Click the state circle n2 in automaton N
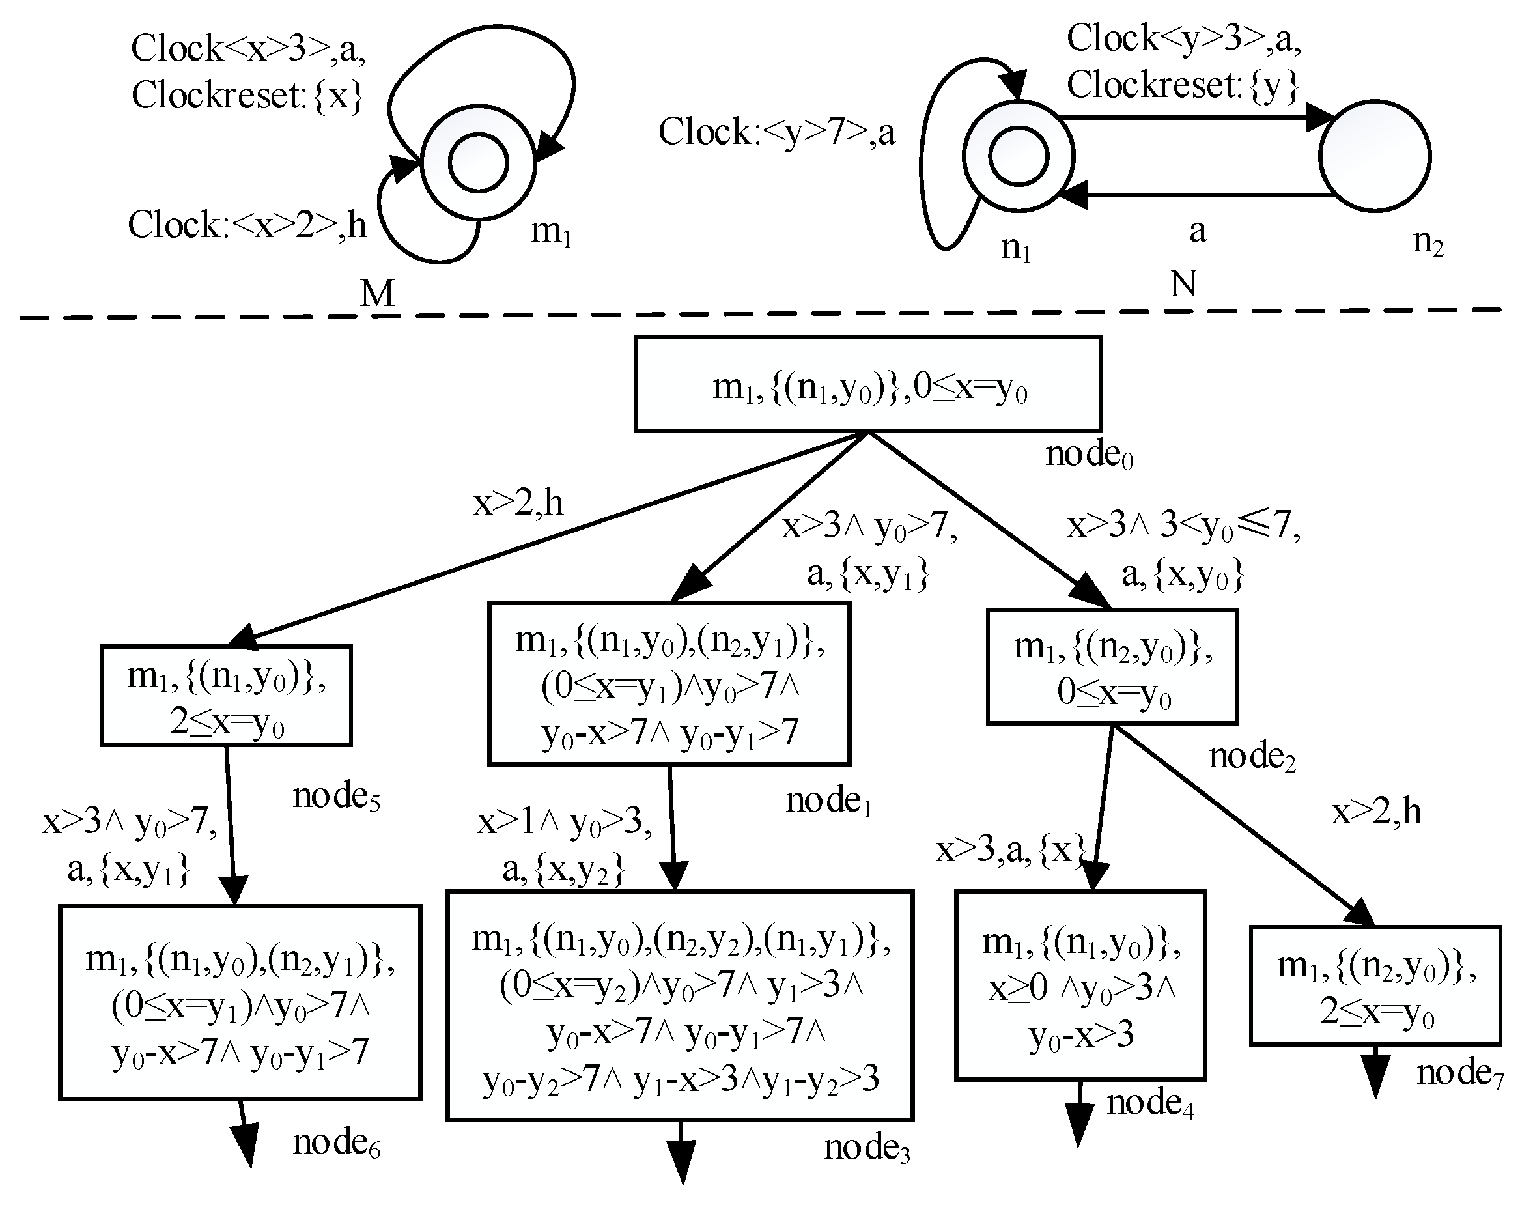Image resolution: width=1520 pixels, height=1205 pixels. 1374,156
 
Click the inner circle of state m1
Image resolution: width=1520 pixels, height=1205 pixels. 479,163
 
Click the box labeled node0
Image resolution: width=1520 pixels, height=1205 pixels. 867,384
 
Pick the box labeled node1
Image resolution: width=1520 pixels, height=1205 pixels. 668,683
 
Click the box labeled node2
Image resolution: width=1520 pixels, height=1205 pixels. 1112,667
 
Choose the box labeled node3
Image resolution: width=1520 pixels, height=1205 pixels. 680,1006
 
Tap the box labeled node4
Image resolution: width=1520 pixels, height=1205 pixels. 1080,985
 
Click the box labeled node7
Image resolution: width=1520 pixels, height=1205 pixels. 1375,985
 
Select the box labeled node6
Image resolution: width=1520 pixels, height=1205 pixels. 240,1002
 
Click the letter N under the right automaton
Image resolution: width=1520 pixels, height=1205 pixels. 1183,285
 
